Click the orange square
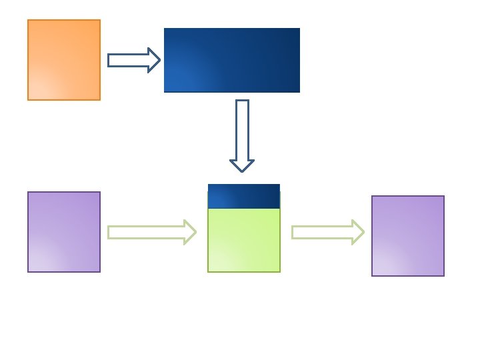coord(64,60)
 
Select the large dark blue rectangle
coord(232,60)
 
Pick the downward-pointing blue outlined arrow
coord(242,136)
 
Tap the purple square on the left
coord(64,232)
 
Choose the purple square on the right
coord(408,236)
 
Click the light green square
coord(244,240)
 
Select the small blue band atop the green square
coord(244,196)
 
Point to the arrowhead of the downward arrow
coord(242,165)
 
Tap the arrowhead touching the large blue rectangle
coord(154,60)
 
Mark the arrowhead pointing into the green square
coord(190,232)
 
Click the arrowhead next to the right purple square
coord(358,232)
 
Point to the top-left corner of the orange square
coord(28,20)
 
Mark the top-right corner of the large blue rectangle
coord(299,29)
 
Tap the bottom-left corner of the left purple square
coord(28,271)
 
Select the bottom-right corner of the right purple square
coord(443,275)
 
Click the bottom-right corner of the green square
coord(279,271)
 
